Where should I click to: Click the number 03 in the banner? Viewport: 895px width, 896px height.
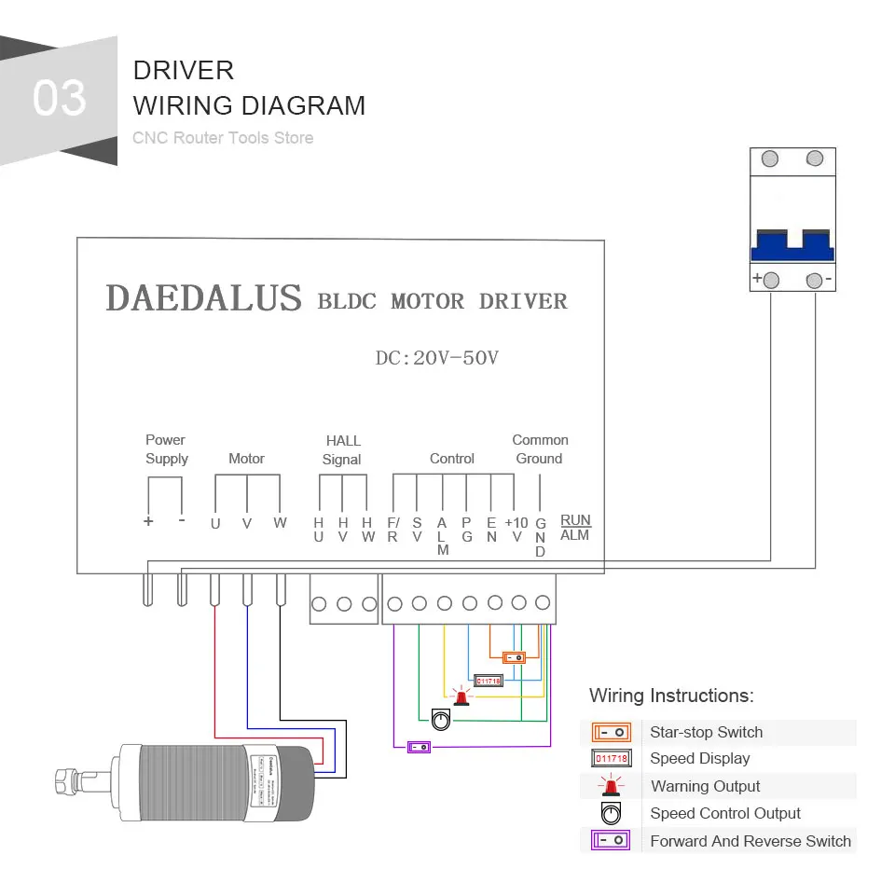(60, 99)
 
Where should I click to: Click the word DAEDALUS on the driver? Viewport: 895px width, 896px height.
(204, 298)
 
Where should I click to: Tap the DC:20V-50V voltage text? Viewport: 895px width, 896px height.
(436, 358)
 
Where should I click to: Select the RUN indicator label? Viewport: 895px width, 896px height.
(575, 519)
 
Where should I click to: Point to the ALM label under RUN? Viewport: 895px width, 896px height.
(575, 535)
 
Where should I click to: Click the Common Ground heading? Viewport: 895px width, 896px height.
(540, 449)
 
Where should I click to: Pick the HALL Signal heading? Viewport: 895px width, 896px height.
(342, 449)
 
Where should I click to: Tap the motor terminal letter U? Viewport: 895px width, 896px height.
(215, 523)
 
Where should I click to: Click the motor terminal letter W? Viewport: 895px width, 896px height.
(280, 522)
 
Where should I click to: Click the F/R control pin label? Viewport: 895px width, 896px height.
(392, 529)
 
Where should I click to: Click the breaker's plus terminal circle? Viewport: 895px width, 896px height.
(771, 280)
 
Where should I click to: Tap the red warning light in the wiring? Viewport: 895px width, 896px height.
(460, 696)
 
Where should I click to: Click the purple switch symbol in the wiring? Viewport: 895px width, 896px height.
(419, 747)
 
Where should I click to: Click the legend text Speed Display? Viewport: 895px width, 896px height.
(699, 759)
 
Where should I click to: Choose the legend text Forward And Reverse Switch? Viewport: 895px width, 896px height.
(750, 841)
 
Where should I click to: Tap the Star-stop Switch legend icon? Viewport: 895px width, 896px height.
(612, 732)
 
